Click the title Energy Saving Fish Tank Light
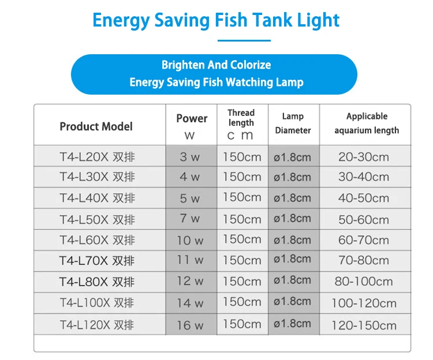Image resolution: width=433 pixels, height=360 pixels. (216, 20)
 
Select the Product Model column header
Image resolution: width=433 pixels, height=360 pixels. (96, 126)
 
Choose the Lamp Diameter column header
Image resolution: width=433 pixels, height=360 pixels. (293, 123)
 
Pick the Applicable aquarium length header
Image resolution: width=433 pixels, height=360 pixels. (367, 123)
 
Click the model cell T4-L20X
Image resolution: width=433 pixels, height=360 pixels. (97, 157)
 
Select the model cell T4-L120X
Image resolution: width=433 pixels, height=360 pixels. (97, 325)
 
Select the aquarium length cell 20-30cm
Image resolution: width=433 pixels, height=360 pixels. (364, 157)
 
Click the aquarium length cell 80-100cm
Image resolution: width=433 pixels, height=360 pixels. (364, 282)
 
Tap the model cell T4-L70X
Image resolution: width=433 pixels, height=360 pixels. (97, 261)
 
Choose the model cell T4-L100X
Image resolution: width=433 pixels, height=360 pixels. (97, 303)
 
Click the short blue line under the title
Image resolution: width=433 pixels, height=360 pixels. (245, 40)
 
